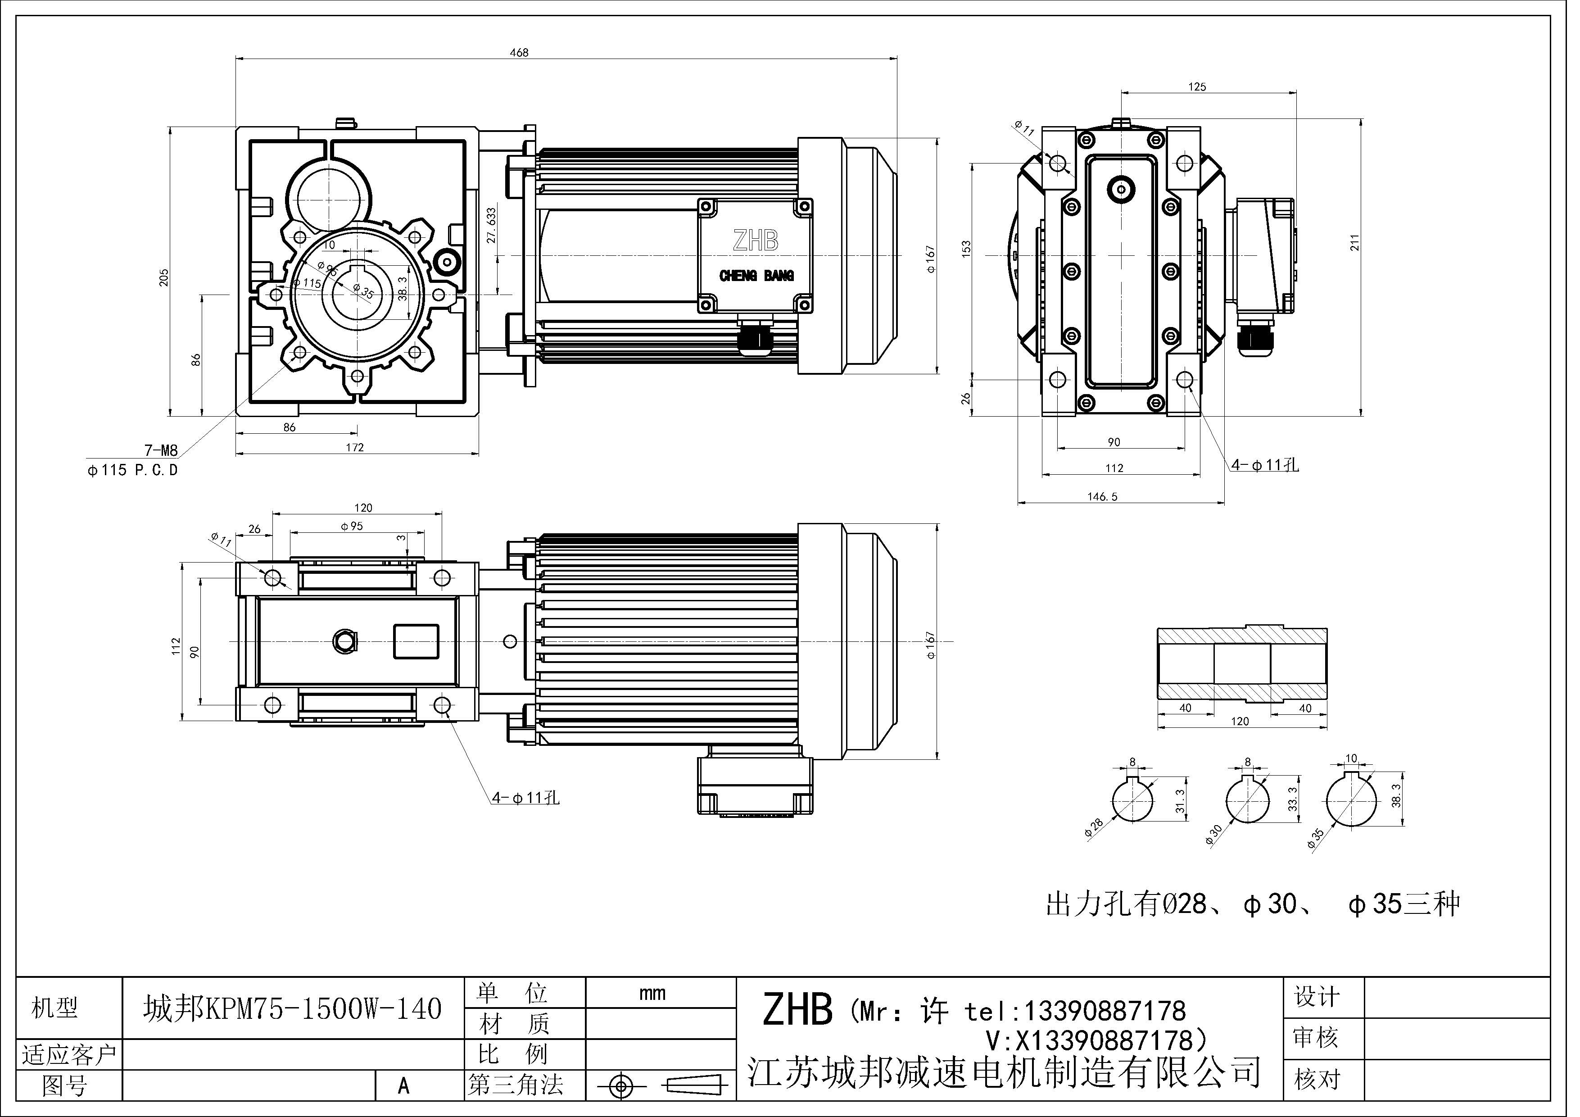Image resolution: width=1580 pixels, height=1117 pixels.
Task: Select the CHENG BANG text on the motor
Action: [756, 276]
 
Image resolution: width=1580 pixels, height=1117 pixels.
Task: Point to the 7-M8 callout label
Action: [160, 451]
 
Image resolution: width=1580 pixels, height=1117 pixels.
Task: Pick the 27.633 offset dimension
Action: [491, 226]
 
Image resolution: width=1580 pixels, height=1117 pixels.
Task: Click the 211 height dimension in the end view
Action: [1354, 242]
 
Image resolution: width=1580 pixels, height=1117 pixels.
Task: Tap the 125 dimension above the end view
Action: [1197, 87]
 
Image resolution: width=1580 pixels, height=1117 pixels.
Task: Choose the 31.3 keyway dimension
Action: [1180, 801]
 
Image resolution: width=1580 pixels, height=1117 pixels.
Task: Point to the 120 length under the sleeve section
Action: [1239, 721]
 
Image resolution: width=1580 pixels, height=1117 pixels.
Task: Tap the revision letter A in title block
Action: [403, 1086]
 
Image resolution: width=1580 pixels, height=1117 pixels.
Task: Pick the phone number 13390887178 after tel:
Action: [1105, 1011]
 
